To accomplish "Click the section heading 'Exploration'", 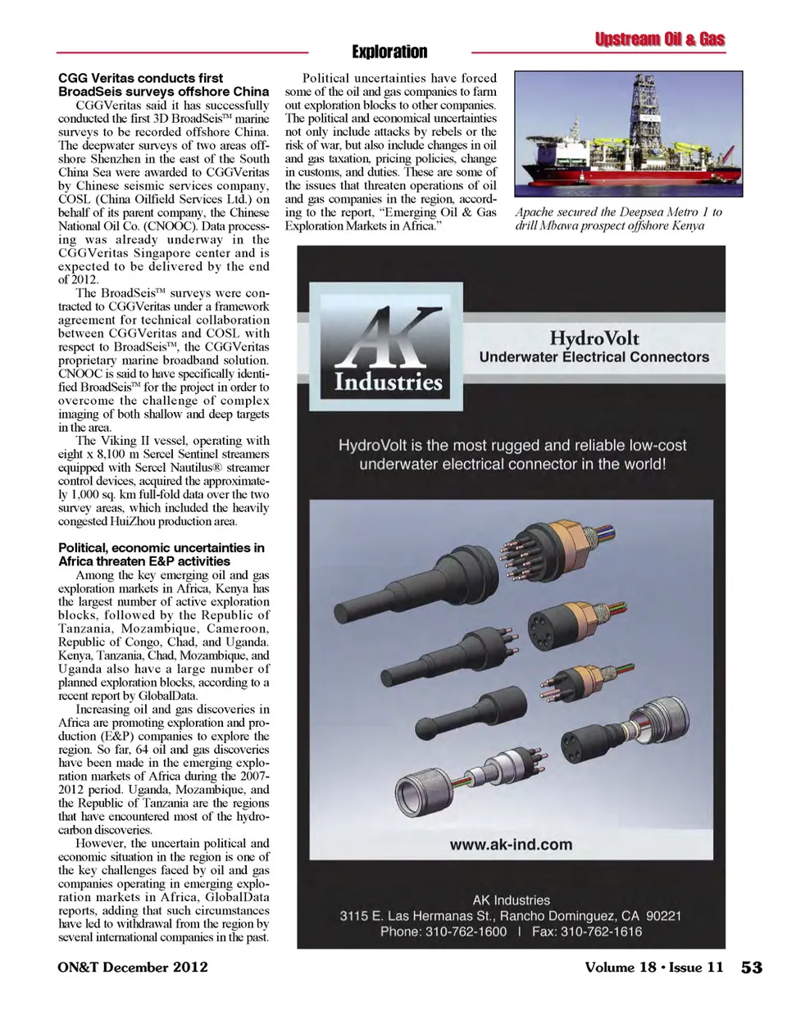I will [x=389, y=52].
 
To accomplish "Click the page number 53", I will [x=751, y=968].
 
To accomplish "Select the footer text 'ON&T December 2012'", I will [x=133, y=968].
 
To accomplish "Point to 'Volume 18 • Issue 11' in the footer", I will [x=653, y=968].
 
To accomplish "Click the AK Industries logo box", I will [x=388, y=347].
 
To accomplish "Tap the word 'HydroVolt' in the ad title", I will [x=594, y=338].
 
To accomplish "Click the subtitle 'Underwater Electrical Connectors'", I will [x=594, y=357].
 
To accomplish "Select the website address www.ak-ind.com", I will [x=511, y=845].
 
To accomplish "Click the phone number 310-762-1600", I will [x=466, y=932].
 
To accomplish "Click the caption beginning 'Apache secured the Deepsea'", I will [x=619, y=219].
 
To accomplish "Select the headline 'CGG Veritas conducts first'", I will [x=140, y=78].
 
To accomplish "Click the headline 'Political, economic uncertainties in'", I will [x=161, y=547].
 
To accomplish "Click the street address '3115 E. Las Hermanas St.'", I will [x=416, y=915].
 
